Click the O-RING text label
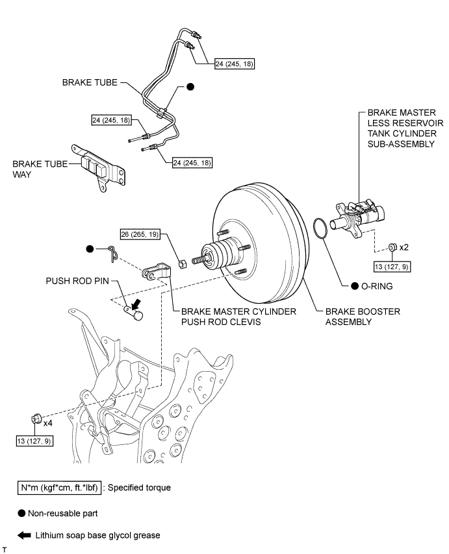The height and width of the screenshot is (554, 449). (381, 285)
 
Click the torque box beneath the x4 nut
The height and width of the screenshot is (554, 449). (34, 441)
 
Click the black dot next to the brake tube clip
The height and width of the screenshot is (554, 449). (190, 87)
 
